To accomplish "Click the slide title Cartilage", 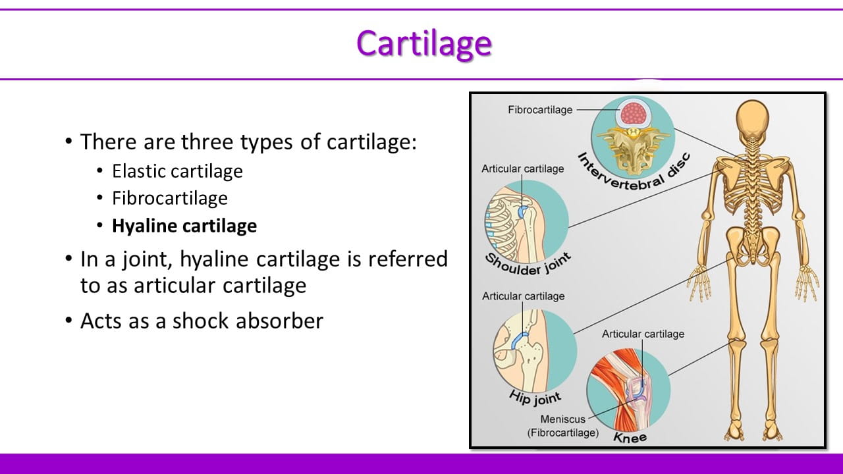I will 423,43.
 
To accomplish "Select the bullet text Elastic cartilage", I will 177,171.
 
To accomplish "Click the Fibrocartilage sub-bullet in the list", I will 170,198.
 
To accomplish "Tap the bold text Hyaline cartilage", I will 184,226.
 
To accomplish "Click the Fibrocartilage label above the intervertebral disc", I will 540,110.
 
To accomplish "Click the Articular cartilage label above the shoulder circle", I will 522,169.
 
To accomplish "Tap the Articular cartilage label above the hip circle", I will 523,296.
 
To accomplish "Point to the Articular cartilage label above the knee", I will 643,334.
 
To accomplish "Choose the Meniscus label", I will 562,419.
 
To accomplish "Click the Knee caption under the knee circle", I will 630,436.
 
